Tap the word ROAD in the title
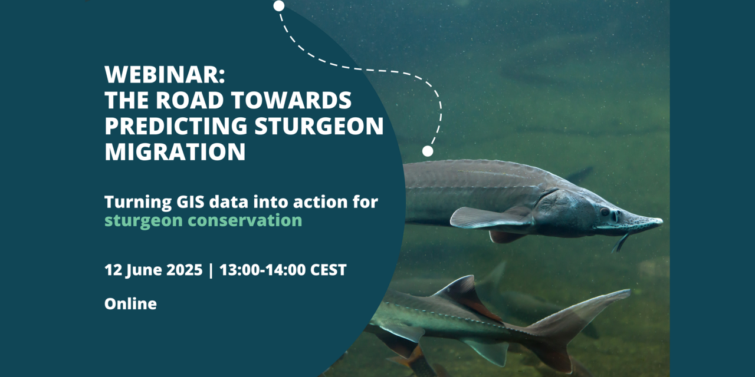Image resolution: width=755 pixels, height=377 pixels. (192, 101)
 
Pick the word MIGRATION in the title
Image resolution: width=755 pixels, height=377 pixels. (175, 152)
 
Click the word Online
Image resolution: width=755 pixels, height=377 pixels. (130, 304)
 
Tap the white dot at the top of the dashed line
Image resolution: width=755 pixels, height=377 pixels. (279, 6)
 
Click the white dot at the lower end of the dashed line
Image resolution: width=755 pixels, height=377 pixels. (428, 151)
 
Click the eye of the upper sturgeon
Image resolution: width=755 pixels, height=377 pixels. (605, 211)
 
